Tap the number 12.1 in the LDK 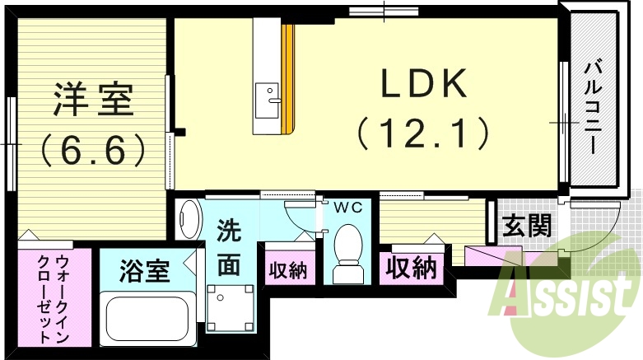423,132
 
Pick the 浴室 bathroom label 144,270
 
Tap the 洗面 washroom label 229,250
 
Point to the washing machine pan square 225,305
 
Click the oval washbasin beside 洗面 189,218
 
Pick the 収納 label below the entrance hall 412,269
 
